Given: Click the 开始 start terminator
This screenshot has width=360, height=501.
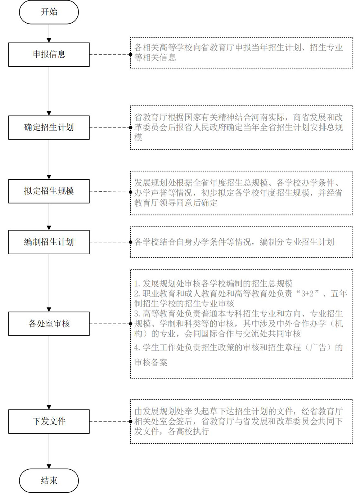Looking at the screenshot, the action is [49, 12].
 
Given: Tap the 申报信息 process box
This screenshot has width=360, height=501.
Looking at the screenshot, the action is [49, 55].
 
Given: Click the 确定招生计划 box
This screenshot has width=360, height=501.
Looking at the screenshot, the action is [49, 128].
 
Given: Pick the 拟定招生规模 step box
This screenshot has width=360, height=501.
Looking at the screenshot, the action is [49, 191].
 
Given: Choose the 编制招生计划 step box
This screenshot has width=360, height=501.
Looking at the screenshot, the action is [49, 242].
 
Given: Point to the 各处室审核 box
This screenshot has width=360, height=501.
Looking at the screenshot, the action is [49, 324].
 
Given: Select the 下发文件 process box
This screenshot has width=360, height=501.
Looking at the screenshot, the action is [49, 422].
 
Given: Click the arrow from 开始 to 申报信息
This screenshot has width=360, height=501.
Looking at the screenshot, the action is [49, 33].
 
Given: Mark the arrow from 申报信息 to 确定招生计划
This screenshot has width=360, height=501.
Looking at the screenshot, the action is [49, 91].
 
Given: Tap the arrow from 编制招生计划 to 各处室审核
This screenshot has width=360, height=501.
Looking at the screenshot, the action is [49, 283].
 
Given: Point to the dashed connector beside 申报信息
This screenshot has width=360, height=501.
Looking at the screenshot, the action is [110, 55].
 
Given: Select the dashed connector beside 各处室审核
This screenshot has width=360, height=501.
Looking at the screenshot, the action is [110, 324].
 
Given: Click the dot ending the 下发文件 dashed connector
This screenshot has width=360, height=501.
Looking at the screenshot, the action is [131, 422].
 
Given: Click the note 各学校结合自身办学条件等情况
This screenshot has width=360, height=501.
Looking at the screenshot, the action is [193, 242].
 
